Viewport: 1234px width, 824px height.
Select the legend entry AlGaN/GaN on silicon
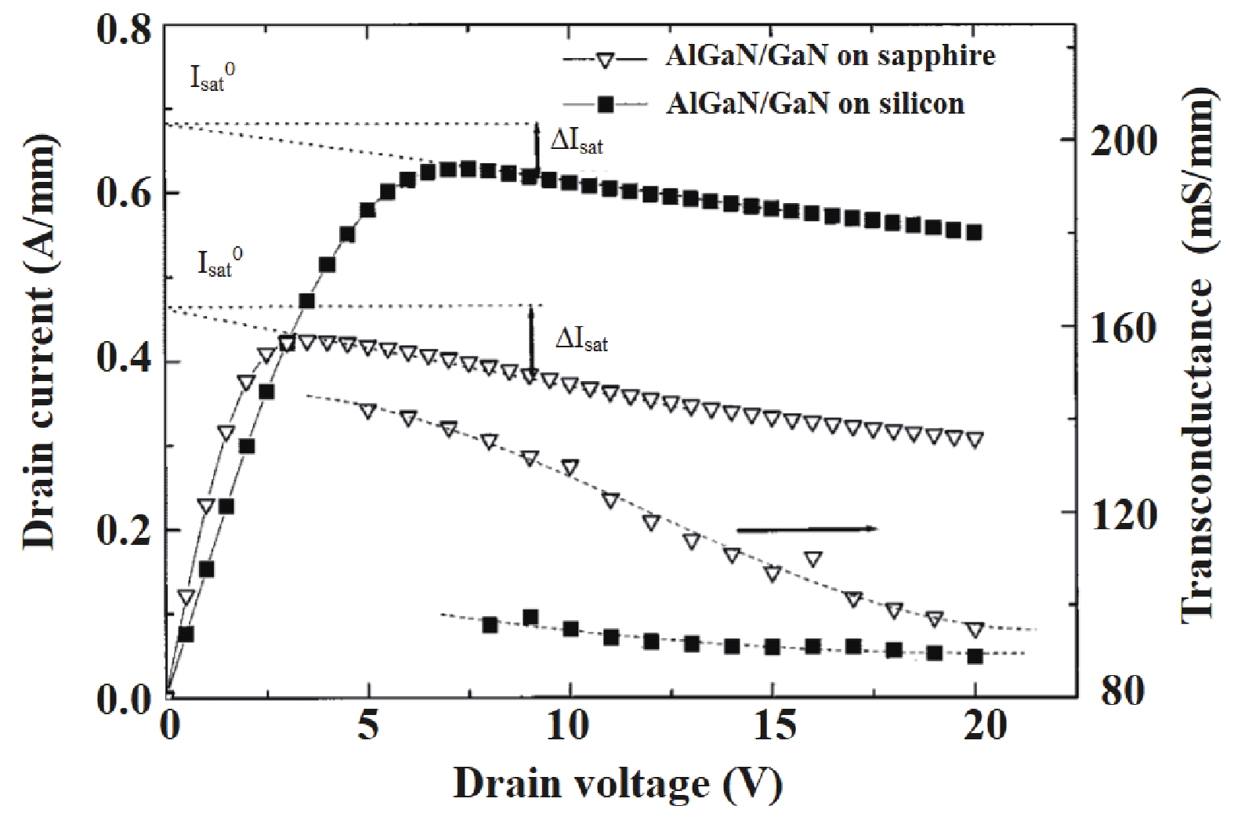click(x=815, y=103)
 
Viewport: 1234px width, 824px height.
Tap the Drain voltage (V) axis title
click(x=617, y=784)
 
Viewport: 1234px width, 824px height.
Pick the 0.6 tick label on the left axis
click(x=123, y=194)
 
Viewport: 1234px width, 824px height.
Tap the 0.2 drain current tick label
click(x=123, y=531)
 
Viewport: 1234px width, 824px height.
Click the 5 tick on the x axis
click(x=367, y=728)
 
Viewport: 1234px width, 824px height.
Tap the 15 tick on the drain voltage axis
click(x=771, y=728)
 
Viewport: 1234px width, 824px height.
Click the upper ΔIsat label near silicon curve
click(x=577, y=143)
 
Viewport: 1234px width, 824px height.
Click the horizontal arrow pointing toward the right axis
click(x=807, y=529)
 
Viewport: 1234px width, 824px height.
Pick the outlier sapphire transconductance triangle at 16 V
click(x=813, y=559)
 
